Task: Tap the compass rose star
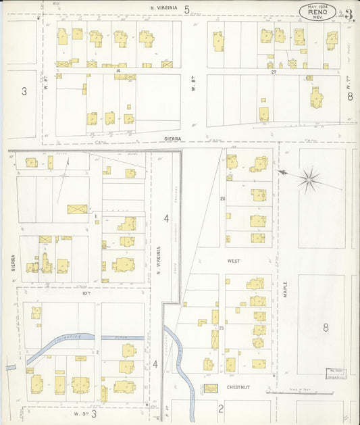click(x=309, y=179)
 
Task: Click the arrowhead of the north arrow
click(x=281, y=173)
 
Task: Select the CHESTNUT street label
click(x=239, y=388)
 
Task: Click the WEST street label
click(x=233, y=260)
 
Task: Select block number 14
click(x=118, y=70)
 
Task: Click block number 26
click(x=222, y=199)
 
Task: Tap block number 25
click(x=221, y=328)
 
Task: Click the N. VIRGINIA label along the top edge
click(x=164, y=8)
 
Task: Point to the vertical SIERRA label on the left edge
click(x=13, y=263)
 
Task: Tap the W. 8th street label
click(x=192, y=88)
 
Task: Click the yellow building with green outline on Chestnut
click(x=211, y=388)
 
